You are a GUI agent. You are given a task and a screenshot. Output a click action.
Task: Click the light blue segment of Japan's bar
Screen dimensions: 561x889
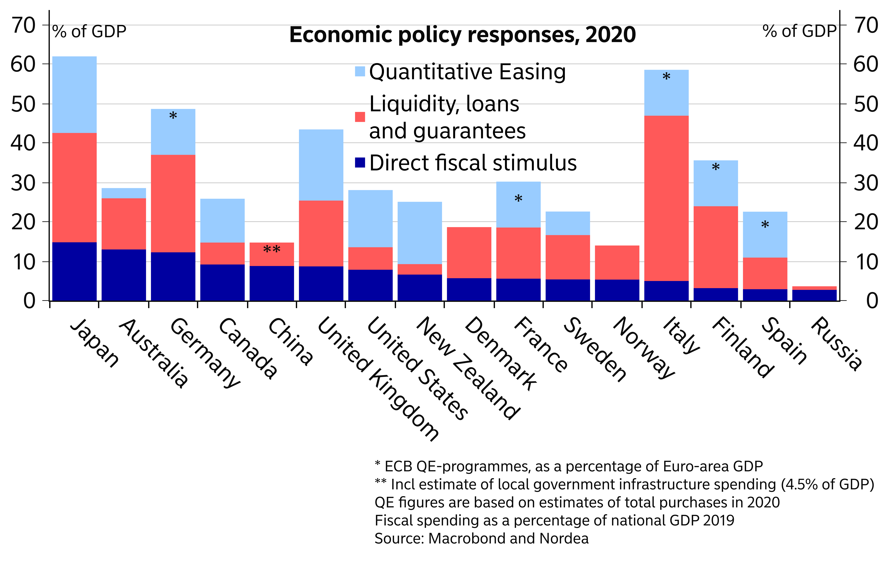75,95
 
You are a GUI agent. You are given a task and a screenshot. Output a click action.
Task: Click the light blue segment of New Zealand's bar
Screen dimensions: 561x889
420,233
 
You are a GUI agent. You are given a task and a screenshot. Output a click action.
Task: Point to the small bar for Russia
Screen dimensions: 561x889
814,294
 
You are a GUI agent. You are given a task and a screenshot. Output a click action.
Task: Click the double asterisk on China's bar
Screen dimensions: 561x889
272,250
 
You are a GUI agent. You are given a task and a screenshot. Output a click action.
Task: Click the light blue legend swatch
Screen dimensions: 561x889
360,71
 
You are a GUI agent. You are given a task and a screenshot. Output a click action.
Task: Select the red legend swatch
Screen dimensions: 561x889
360,117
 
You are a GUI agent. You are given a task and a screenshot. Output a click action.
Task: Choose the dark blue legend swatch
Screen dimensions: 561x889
360,162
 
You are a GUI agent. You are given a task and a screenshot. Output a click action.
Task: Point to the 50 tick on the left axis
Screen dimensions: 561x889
23,104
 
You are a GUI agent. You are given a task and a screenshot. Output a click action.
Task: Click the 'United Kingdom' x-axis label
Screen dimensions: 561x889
378,379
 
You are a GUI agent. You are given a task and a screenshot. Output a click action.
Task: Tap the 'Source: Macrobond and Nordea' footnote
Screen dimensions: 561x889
481,538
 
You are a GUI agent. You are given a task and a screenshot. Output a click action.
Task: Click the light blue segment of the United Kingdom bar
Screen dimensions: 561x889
321,165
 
